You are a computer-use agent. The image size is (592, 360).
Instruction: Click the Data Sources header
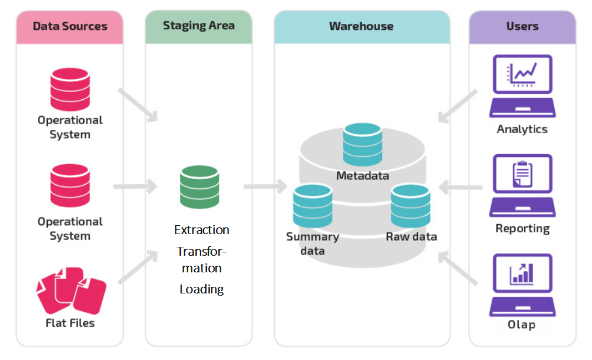pyautogui.click(x=70, y=26)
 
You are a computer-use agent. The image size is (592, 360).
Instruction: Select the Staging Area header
pyautogui.click(x=199, y=26)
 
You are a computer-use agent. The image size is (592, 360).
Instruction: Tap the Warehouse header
pyautogui.click(x=361, y=26)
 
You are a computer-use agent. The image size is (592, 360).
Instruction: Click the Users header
pyautogui.click(x=522, y=26)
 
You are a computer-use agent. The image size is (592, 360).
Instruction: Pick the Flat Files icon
pyautogui.click(x=70, y=290)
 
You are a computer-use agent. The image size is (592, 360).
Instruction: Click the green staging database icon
pyautogui.click(x=199, y=187)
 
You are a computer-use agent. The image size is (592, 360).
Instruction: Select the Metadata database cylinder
pyautogui.click(x=362, y=144)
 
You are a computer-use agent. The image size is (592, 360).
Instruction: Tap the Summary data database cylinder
pyautogui.click(x=312, y=206)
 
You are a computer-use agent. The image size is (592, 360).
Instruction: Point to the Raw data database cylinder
pyautogui.click(x=410, y=206)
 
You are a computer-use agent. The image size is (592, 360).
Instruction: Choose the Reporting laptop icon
pyautogui.click(x=522, y=185)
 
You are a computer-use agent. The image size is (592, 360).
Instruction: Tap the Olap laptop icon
pyautogui.click(x=522, y=285)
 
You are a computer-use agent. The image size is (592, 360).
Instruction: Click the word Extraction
pyautogui.click(x=201, y=230)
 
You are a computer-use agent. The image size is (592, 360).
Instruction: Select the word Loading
pyautogui.click(x=201, y=289)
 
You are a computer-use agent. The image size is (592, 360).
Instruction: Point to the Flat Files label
pyautogui.click(x=70, y=323)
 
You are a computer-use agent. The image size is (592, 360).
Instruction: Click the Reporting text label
pyautogui.click(x=522, y=229)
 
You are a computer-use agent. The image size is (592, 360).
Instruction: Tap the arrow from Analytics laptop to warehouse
pyautogui.click(x=458, y=105)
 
